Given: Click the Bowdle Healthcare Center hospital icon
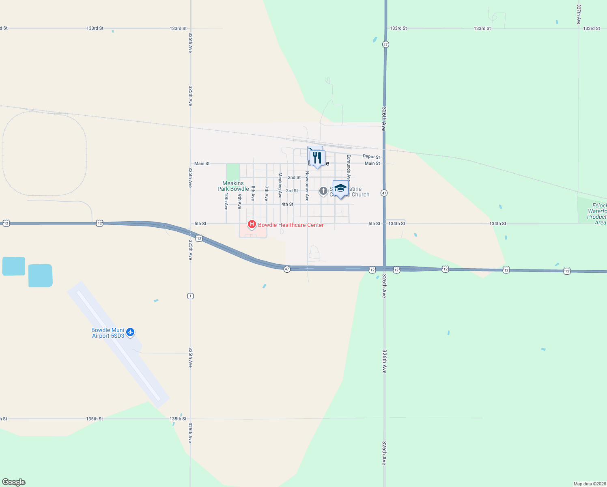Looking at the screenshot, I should pos(252,224).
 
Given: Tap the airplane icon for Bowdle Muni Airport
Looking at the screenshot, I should pos(130,332).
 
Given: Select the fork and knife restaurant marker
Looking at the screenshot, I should pos(317,157).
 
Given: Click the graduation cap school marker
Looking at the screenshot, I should pos(340,188).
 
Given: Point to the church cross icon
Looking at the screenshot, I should pos(323,191).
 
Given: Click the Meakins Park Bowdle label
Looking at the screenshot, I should pos(233,186).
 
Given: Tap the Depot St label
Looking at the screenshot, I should pos(371,157).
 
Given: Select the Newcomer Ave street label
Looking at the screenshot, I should pos(307,186).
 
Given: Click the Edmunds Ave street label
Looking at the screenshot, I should pos(349,167).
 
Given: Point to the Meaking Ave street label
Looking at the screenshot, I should pos(280,185).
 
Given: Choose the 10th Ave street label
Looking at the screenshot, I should pos(226,201).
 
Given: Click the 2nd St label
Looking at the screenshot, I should pos(294,177).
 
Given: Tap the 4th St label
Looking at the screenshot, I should pos(287,204).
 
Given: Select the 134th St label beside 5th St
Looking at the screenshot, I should pos(397,224).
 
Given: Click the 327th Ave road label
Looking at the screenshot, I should pos(579,15).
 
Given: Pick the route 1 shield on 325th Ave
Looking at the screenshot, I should pos(190,296).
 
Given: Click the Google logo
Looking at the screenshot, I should pos(14,482).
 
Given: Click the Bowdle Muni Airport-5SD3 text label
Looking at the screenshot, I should pos(108,333).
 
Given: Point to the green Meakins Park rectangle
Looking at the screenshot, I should pos(233,172).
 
